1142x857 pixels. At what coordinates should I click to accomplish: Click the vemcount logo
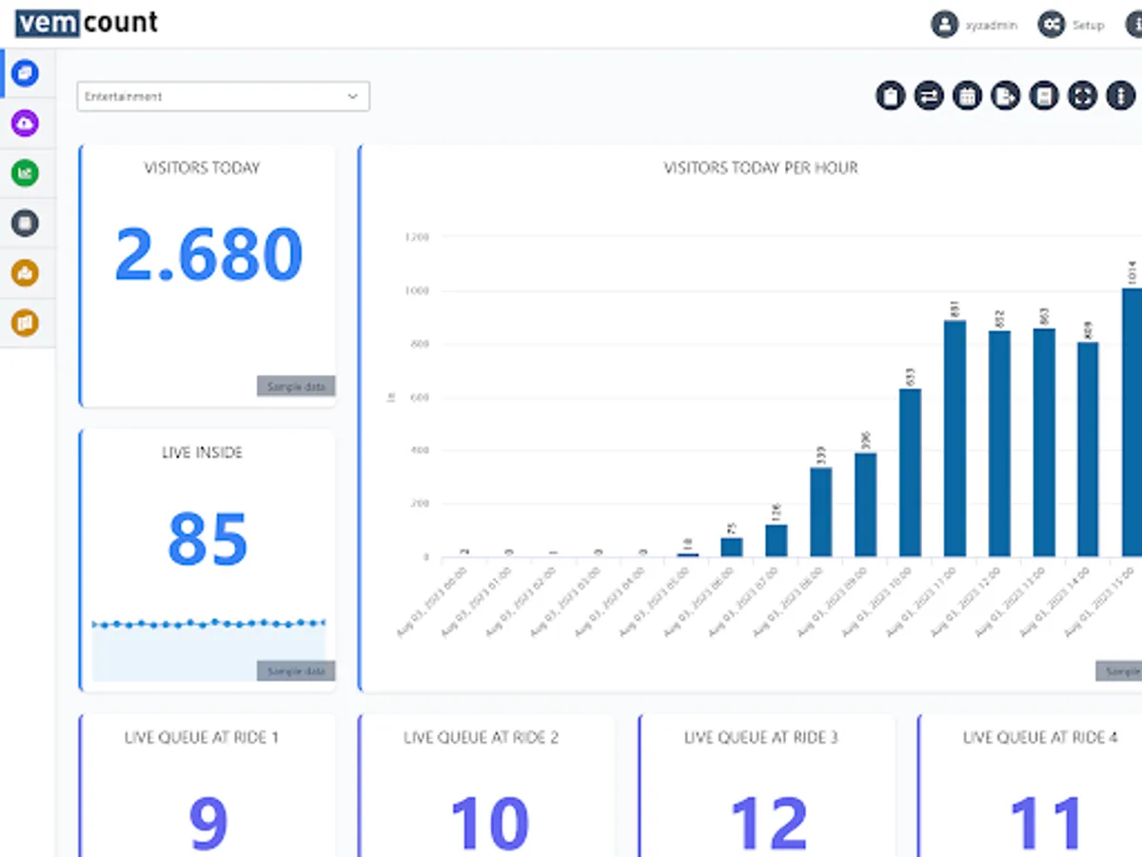86,22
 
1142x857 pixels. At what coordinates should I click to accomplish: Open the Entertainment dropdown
223,96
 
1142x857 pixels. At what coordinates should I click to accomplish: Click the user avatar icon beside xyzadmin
943,25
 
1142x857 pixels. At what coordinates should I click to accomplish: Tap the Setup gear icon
1051,25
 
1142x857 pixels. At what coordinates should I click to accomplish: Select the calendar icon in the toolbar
967,95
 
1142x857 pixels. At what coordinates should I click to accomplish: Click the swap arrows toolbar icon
929,95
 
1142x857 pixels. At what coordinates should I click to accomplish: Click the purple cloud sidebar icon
25,123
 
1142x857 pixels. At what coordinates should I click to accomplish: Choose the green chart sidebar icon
25,173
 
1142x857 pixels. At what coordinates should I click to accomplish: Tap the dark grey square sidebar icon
25,223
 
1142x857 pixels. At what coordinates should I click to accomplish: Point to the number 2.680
208,255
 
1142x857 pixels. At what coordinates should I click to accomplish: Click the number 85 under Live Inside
207,539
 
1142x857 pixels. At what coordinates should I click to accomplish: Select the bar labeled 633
910,472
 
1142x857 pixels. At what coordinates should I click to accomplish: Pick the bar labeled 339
821,511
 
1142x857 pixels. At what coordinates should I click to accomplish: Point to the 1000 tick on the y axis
417,290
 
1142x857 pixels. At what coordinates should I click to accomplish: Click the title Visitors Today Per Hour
760,168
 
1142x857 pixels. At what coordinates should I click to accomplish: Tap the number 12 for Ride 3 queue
768,823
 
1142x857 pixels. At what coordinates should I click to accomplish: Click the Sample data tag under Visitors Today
296,387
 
